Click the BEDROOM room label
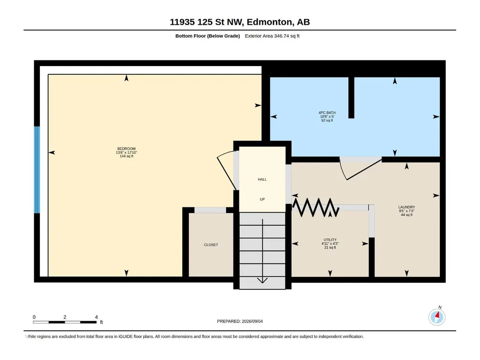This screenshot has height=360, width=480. coord(126,149)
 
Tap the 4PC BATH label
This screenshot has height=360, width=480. coord(327,113)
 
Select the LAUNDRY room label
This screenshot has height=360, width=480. coord(406,207)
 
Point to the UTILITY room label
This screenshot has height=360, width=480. coord(330,240)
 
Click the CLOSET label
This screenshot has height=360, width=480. coord(211,245)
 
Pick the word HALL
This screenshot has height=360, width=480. coord(262,179)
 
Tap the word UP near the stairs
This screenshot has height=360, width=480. coord(262,199)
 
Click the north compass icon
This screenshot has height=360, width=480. coord(437,317)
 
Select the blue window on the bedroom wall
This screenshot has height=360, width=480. coord(37,169)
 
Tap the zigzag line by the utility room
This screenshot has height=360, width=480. coord(316,207)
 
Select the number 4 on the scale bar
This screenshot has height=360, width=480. coord(96,317)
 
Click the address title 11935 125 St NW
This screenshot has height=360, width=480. coord(207,22)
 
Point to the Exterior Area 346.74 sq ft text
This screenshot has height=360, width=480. coord(272,36)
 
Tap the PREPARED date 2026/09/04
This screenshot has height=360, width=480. coord(252,321)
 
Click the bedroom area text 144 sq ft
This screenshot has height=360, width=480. coord(126,156)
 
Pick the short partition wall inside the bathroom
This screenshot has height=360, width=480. coord(351,97)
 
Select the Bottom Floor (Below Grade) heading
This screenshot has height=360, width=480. coord(207,36)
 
